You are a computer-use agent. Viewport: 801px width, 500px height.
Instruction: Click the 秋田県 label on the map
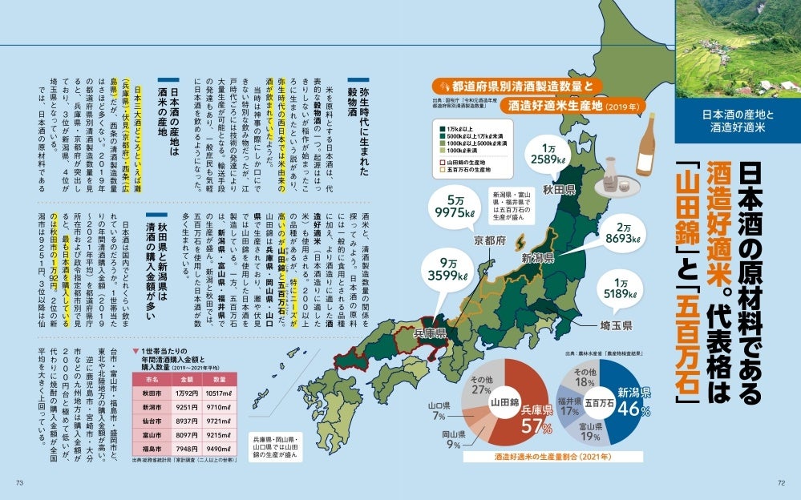[560, 190]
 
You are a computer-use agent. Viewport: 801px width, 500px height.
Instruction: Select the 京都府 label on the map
[491, 240]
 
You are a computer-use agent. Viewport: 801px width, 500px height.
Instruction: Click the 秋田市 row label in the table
[148, 392]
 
